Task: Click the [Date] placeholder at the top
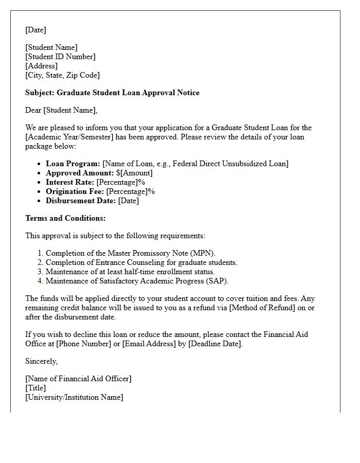(x=35, y=30)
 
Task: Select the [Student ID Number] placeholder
(x=60, y=57)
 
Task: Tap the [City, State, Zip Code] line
(x=62, y=75)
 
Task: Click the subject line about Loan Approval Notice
(x=112, y=93)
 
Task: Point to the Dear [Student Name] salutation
(x=61, y=110)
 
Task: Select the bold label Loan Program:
(x=73, y=164)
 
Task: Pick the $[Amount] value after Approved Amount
(x=134, y=173)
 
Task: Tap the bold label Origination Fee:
(x=75, y=191)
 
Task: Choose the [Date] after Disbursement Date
(x=129, y=201)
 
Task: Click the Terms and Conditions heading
(x=65, y=218)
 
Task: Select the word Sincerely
(x=42, y=361)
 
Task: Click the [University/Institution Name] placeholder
(x=74, y=397)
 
